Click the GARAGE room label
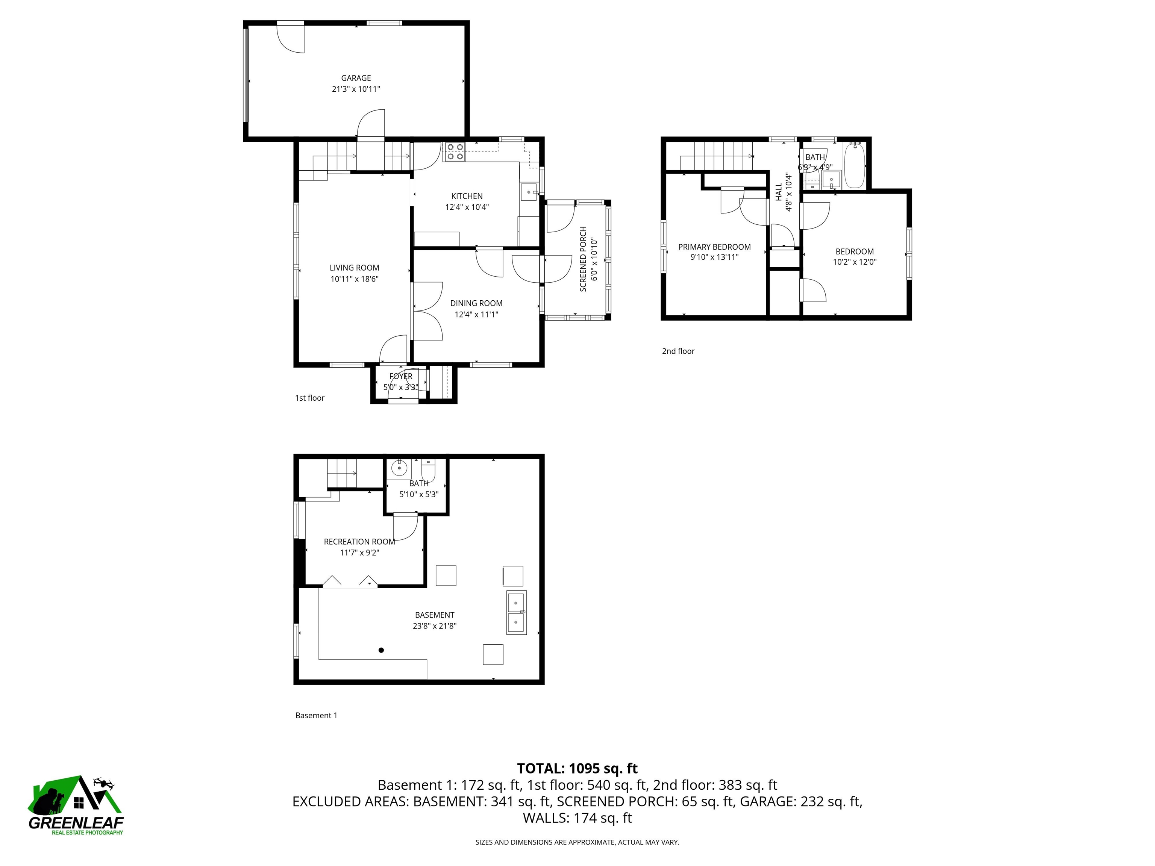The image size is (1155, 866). tap(356, 78)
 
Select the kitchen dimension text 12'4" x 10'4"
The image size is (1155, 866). tap(467, 207)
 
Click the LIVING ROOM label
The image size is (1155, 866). tap(354, 268)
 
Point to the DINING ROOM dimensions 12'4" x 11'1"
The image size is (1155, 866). tap(476, 314)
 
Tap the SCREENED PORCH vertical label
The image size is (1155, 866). tap(583, 259)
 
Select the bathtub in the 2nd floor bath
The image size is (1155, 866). tap(855, 166)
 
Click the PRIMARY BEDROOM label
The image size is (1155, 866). tap(714, 247)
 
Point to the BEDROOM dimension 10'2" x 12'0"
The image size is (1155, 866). tap(854, 262)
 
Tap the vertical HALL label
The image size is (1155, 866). tap(779, 192)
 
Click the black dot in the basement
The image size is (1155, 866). tap(381, 650)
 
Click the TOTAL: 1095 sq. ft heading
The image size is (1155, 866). tap(577, 768)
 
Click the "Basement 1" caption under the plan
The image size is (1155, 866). tap(316, 716)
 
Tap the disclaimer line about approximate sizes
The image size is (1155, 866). tap(577, 842)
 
